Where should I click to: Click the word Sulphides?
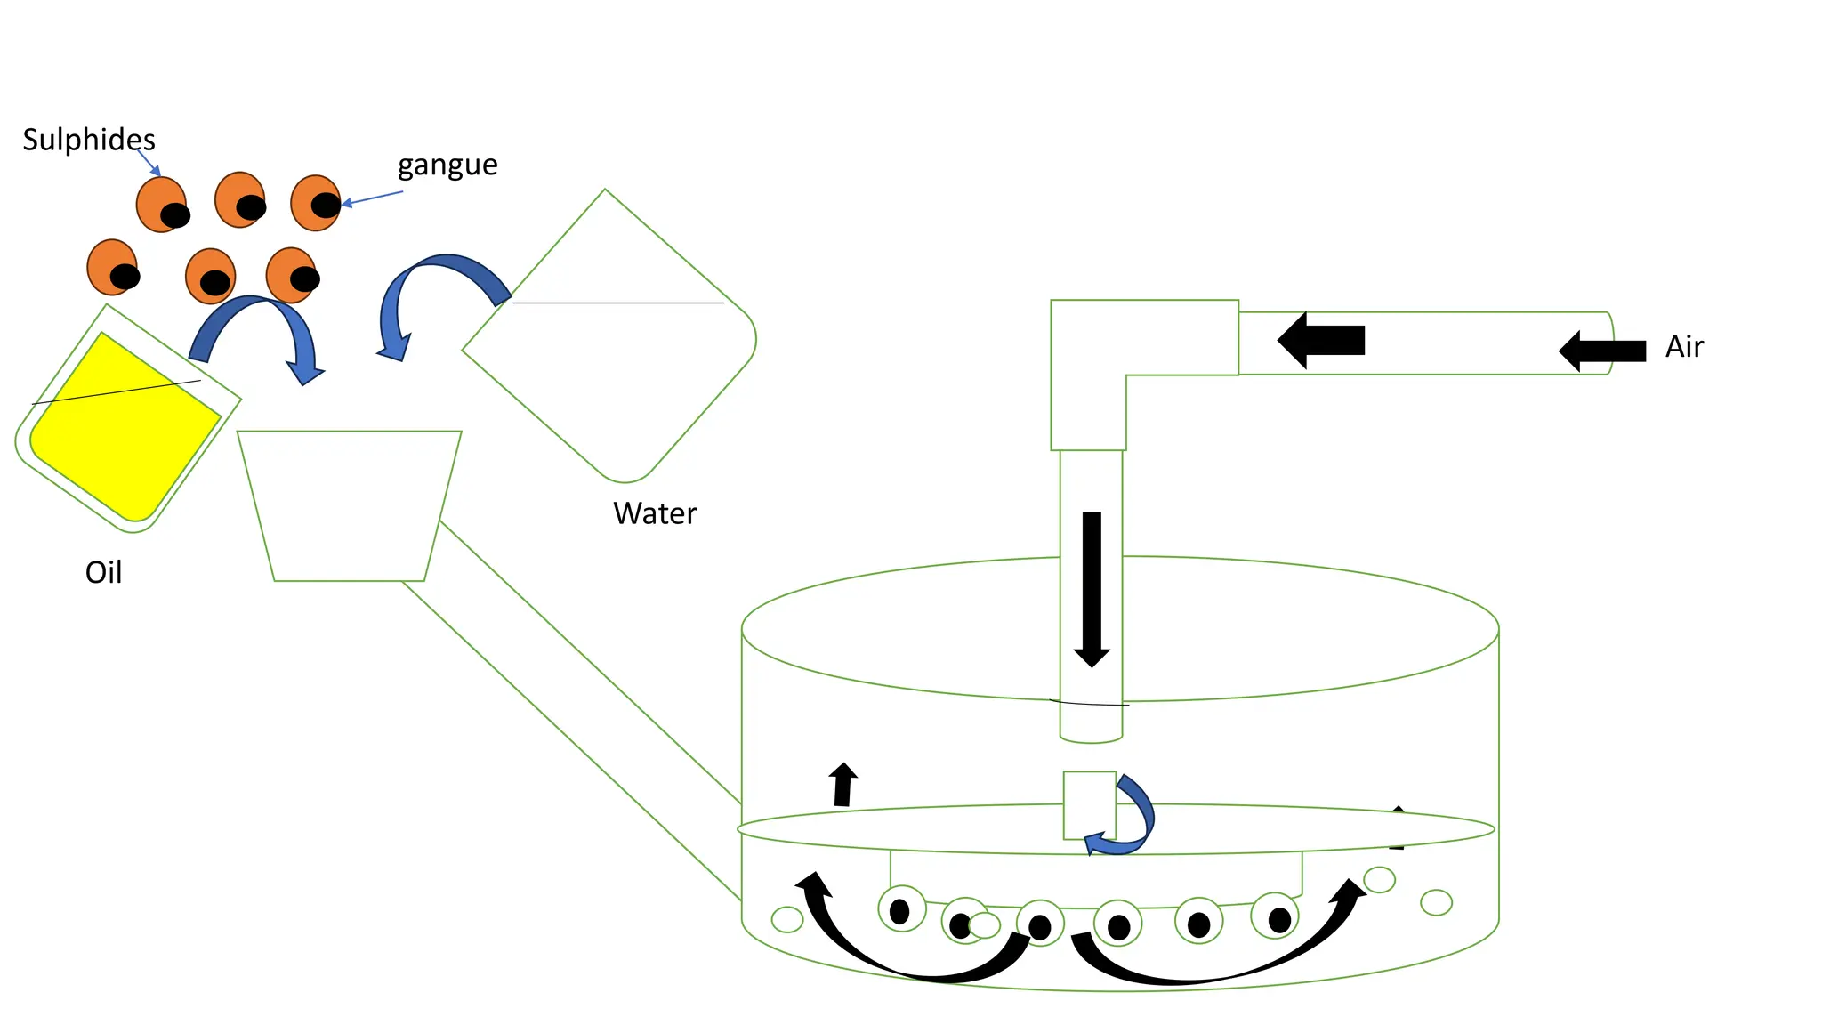89,140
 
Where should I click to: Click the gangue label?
447,165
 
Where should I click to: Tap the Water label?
655,513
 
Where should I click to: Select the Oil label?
103,572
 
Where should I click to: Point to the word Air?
1684,346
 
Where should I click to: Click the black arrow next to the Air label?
1602,351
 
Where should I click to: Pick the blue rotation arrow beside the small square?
1134,819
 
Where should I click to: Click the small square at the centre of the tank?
1089,804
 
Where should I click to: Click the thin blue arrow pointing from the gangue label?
374,198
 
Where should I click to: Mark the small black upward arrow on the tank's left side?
842,785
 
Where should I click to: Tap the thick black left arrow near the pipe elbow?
1321,340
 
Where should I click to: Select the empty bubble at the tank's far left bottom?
787,919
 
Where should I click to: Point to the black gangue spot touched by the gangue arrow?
326,205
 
